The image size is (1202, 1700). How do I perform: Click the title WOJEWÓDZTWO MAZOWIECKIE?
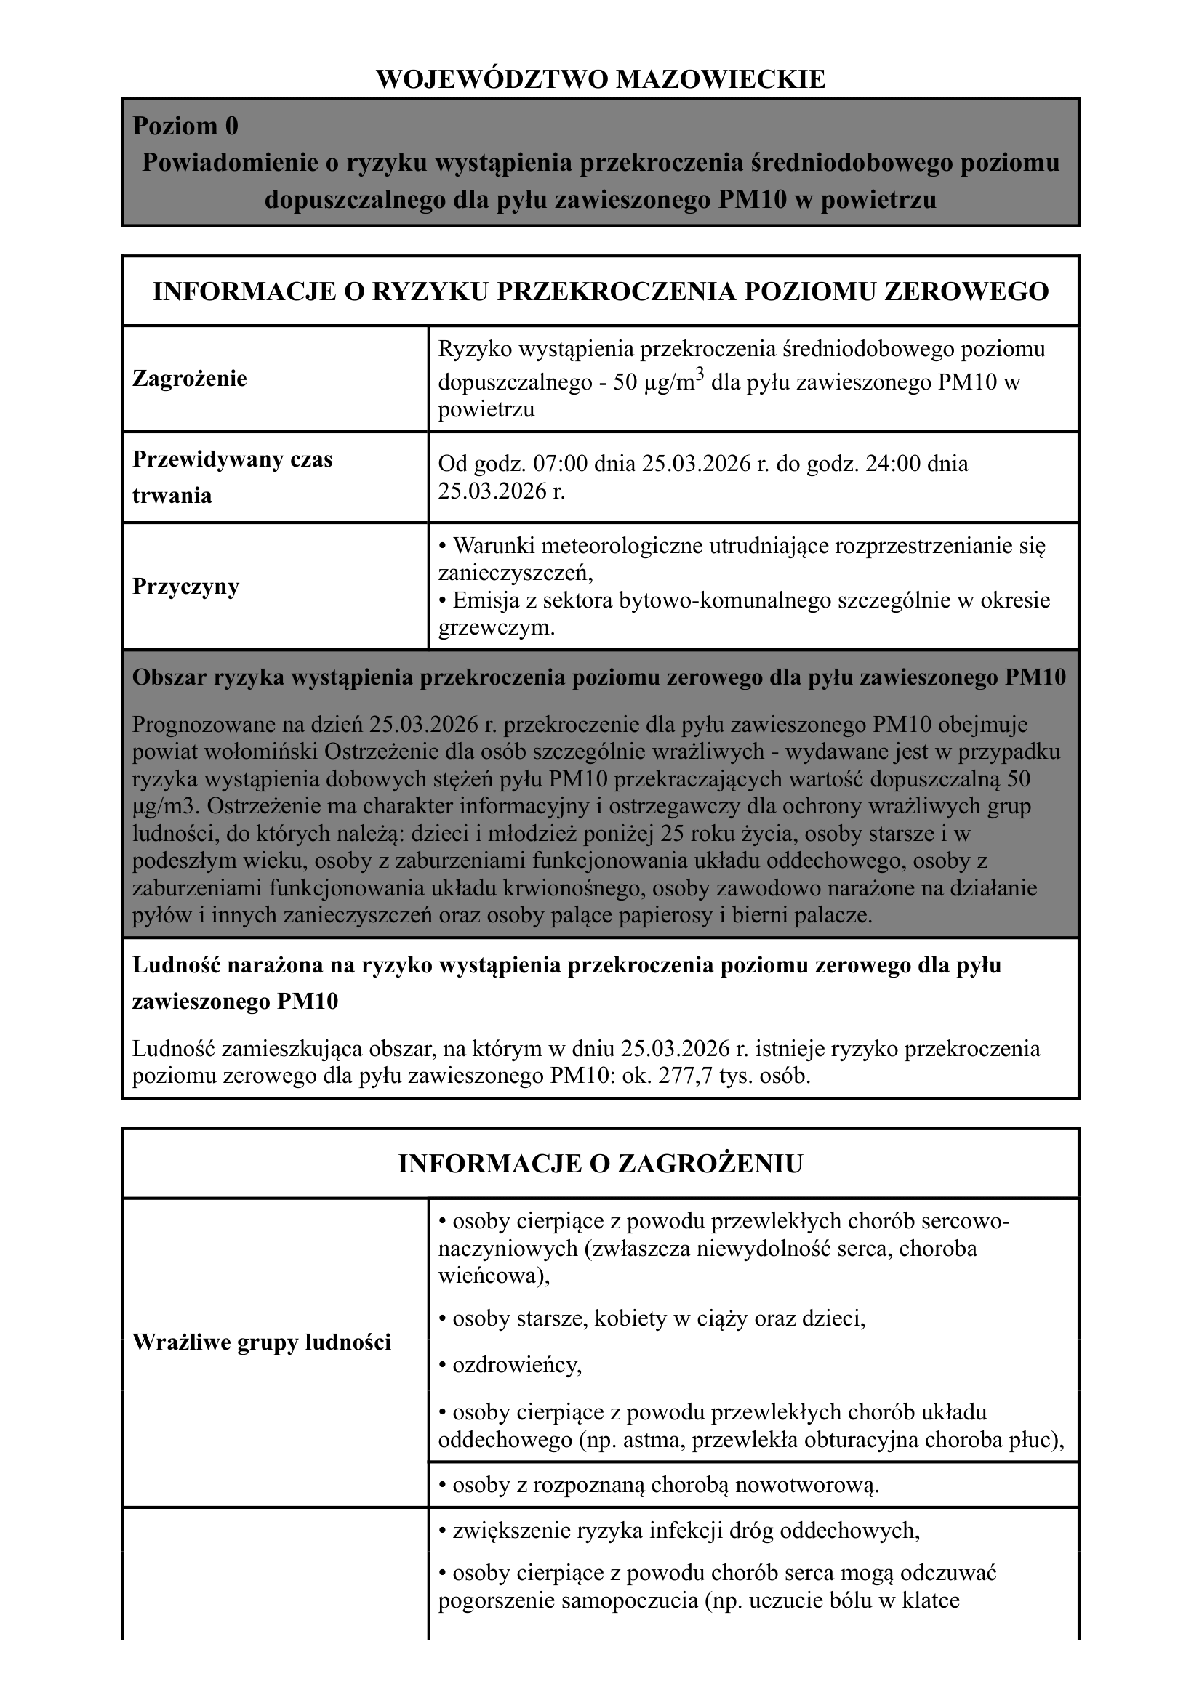click(x=601, y=79)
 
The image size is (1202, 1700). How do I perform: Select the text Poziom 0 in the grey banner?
click(x=185, y=126)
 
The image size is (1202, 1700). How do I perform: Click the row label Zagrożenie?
click(x=189, y=379)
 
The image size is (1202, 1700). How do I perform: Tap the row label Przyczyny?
click(x=185, y=587)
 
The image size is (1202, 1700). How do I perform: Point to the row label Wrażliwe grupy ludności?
click(x=262, y=1342)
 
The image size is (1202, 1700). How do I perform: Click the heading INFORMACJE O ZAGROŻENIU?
click(x=601, y=1164)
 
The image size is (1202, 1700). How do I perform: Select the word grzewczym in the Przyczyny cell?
click(x=494, y=629)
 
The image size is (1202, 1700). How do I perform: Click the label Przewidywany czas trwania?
click(x=232, y=478)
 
